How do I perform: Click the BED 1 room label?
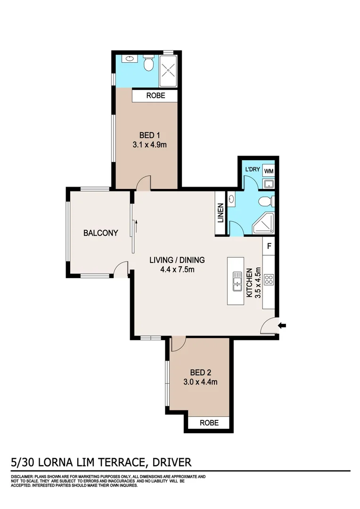(x=146, y=135)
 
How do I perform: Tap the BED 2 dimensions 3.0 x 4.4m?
(x=200, y=382)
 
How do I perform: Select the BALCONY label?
(x=100, y=233)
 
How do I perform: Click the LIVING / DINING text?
(x=177, y=260)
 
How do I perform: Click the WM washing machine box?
(x=269, y=171)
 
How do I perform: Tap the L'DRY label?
(x=251, y=169)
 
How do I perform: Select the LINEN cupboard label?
(x=221, y=213)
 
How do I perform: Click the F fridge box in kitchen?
(x=269, y=246)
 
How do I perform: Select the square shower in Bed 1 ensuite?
(x=168, y=71)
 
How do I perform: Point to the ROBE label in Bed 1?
(x=155, y=96)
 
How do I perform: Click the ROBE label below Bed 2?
(x=209, y=423)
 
